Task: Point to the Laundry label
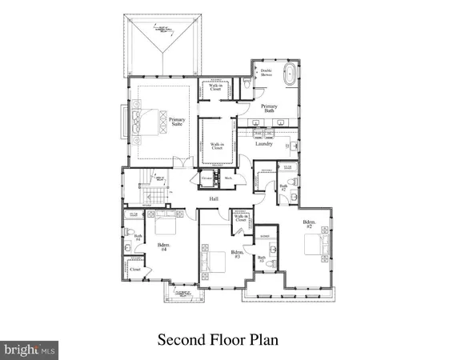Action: coord(264,144)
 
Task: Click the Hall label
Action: coord(214,198)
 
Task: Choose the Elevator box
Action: coord(207,178)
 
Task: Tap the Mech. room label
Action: coord(227,178)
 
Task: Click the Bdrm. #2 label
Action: coord(309,224)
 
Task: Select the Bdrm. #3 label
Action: coord(237,256)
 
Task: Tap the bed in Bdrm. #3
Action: coord(214,259)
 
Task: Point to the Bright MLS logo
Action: coord(30,349)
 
